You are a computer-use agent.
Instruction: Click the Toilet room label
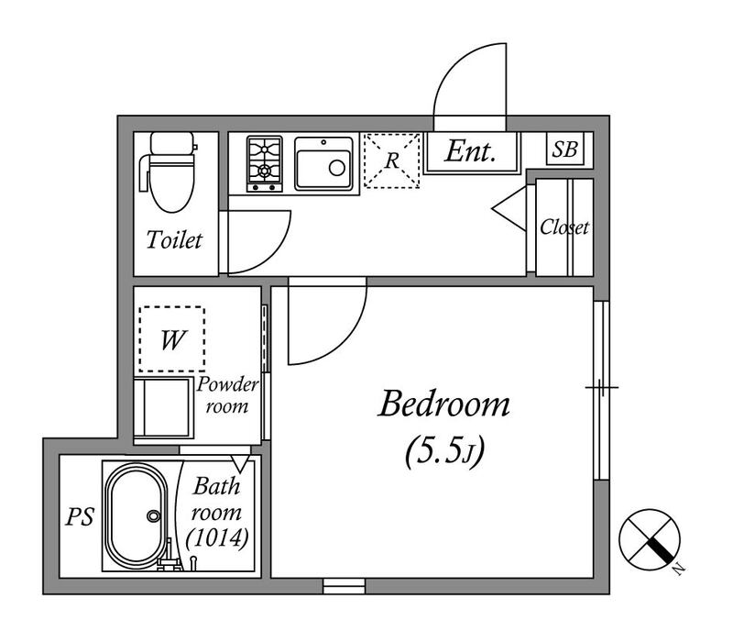click(x=174, y=240)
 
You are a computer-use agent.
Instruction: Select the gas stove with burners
click(x=265, y=164)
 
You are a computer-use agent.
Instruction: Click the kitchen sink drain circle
click(x=336, y=168)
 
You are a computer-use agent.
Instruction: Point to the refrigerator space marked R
click(x=392, y=160)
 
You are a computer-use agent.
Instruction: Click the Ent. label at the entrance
click(x=470, y=151)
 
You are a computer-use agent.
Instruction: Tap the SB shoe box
click(x=564, y=149)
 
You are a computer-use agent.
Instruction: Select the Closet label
click(x=564, y=227)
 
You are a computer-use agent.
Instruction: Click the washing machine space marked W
click(x=171, y=339)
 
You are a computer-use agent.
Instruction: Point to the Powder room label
click(x=227, y=395)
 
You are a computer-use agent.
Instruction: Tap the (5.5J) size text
click(x=444, y=451)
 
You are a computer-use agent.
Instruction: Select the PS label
click(x=80, y=516)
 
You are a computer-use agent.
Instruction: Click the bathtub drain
click(x=153, y=515)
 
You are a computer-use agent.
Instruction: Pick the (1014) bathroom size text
click(x=217, y=537)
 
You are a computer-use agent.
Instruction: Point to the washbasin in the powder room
click(x=164, y=407)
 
